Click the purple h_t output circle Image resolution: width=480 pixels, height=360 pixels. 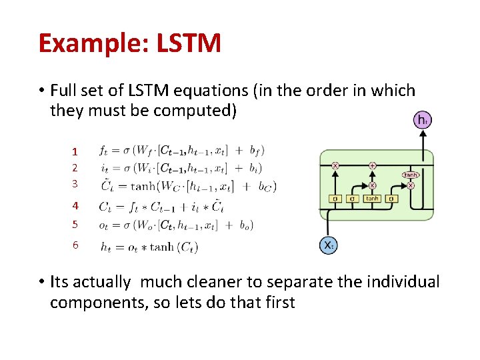423,121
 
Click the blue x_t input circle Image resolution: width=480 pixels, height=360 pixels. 329,245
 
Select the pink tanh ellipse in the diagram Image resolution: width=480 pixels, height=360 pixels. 410,175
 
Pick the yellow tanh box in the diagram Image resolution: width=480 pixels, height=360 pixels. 372,198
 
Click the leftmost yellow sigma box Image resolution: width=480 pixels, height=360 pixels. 335,198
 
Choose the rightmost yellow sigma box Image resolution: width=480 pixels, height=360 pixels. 391,198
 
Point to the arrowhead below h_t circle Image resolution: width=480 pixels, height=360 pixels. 423,134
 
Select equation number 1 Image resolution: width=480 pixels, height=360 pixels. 75,151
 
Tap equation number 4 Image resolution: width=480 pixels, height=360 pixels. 75,206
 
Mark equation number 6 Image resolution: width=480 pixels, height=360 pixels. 75,245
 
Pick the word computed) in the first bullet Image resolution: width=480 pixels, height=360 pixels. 194,110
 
